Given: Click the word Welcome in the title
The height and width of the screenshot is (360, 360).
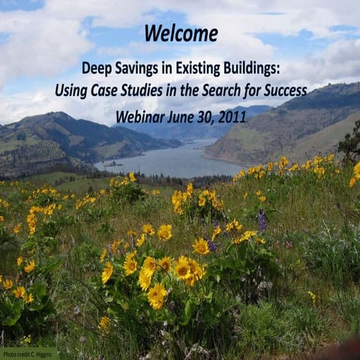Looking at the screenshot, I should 181,34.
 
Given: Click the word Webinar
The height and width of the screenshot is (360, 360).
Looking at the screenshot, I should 142,118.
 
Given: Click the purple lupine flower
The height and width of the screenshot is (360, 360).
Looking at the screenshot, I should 262,220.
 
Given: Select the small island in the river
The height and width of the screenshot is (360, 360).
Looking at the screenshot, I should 112,163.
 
